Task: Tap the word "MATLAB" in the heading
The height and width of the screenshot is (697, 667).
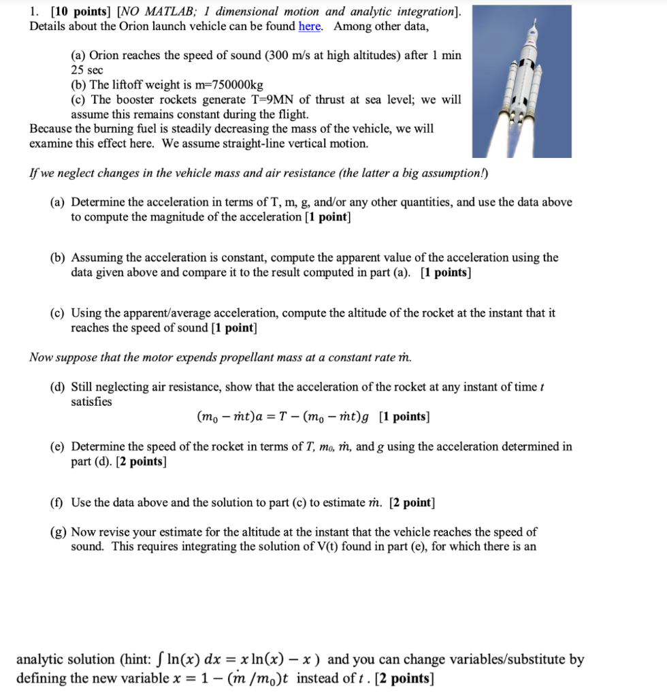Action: point(169,12)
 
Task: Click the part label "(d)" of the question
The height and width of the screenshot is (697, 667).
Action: point(59,387)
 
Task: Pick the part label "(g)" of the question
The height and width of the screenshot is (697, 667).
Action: point(59,532)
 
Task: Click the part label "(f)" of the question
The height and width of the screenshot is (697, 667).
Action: point(58,503)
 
